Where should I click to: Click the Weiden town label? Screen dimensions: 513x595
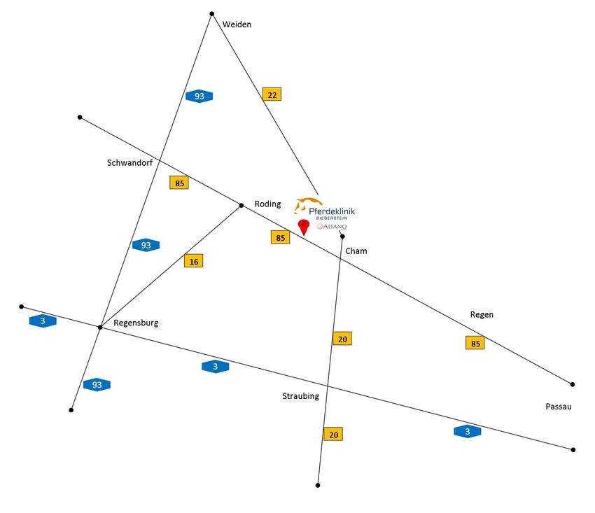(237, 24)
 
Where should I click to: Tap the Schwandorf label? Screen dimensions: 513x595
(129, 163)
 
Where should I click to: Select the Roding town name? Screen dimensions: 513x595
(267, 204)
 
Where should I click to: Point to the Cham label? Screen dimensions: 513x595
(356, 251)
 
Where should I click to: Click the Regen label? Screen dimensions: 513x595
(482, 315)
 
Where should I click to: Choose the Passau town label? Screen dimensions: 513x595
(559, 406)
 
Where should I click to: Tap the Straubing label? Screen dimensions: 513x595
(300, 396)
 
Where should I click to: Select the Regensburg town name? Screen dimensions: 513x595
(136, 323)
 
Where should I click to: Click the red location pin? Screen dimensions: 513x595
(304, 227)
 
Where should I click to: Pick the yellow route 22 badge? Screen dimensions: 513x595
(272, 94)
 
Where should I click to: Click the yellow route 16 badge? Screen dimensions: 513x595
(193, 261)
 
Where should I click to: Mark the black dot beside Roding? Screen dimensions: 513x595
(241, 205)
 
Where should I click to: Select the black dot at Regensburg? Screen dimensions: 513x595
(100, 328)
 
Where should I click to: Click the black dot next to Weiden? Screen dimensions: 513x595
(211, 13)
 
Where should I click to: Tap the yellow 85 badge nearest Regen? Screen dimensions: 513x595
(475, 343)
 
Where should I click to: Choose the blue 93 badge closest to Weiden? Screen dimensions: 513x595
(199, 96)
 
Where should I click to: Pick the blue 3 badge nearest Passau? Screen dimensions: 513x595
(468, 432)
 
